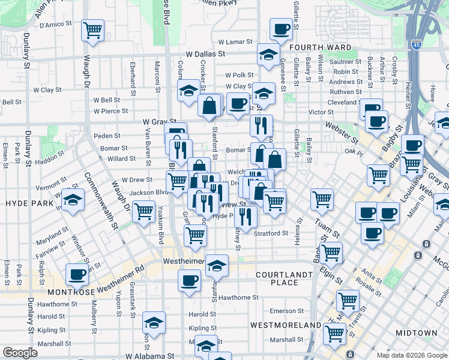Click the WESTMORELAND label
click(285, 325)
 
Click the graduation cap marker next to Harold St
click(154, 323)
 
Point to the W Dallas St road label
click(205, 53)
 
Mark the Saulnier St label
click(345, 61)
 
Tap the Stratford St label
click(271, 233)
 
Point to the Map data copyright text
click(411, 355)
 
